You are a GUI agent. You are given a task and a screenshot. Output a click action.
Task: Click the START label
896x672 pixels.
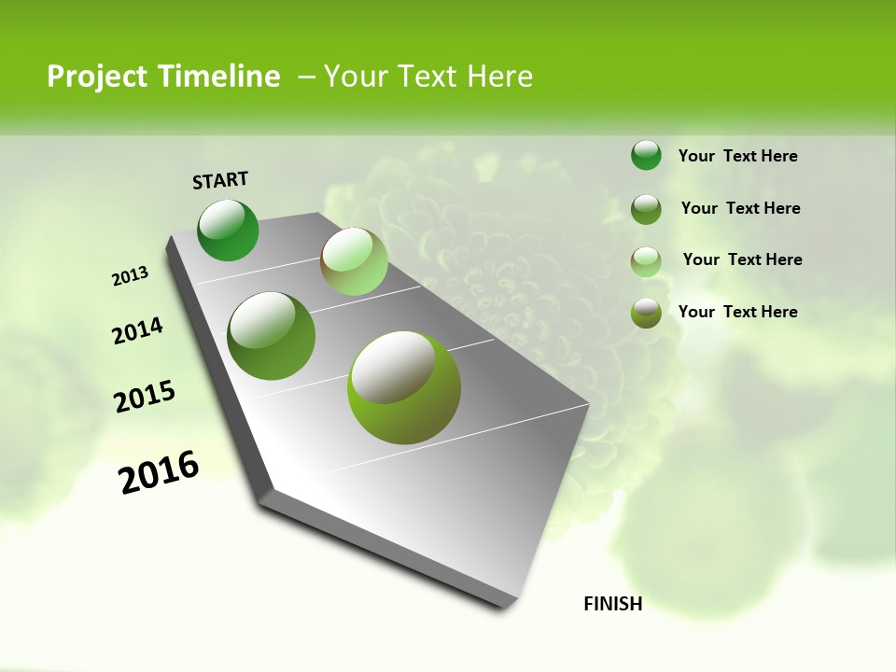tap(220, 179)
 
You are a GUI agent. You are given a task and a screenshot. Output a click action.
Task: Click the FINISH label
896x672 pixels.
tap(612, 604)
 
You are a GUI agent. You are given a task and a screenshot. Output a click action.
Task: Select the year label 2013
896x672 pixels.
tap(131, 275)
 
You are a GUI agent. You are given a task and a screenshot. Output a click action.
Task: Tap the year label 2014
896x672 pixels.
tap(137, 330)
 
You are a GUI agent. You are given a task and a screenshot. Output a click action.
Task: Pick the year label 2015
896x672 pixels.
tap(145, 397)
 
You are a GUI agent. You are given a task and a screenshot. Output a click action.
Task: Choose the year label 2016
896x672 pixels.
tap(159, 471)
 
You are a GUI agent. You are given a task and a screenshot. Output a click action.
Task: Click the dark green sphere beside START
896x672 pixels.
tap(229, 231)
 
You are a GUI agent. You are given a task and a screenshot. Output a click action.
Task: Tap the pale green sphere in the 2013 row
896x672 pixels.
tap(354, 261)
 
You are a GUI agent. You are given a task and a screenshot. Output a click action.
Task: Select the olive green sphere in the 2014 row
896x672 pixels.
tap(272, 335)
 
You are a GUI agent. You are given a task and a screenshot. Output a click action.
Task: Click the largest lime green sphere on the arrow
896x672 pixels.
tap(404, 387)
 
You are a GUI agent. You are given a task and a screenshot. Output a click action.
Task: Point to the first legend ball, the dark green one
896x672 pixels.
tap(646, 156)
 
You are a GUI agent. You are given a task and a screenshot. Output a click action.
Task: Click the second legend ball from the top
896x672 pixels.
tap(646, 208)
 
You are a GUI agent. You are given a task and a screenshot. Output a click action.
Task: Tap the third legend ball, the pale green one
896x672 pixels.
tap(646, 260)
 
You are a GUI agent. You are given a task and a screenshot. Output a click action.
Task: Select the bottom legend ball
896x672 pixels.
tap(646, 312)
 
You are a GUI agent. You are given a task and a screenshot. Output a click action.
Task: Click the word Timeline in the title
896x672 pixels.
tap(220, 77)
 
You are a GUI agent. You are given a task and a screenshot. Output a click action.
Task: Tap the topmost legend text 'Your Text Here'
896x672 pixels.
tap(737, 156)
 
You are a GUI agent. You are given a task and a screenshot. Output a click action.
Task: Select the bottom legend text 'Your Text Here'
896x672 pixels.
tap(737, 312)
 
